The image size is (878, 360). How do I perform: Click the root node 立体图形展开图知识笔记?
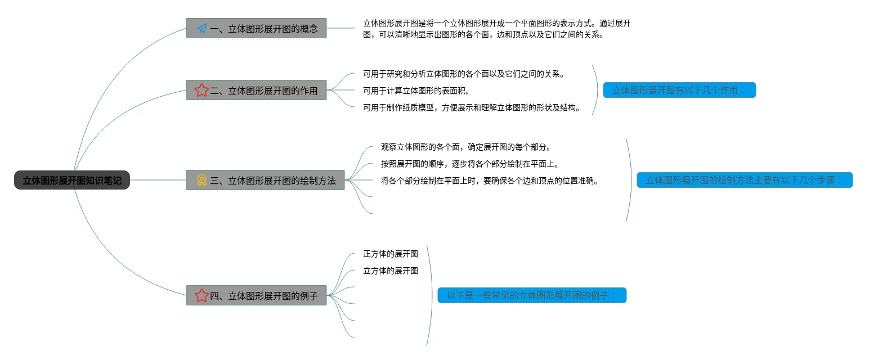(x=72, y=181)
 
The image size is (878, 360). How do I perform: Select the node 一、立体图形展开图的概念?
(x=257, y=29)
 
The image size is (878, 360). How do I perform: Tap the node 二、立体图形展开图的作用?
(x=257, y=91)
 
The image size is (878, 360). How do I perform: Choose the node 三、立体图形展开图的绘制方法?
(x=266, y=181)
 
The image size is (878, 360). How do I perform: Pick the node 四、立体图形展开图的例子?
(x=257, y=295)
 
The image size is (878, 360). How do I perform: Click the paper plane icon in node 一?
(x=202, y=28)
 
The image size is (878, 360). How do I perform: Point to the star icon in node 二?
(x=201, y=90)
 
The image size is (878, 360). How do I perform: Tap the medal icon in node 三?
(x=201, y=180)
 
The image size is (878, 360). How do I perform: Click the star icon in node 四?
(x=201, y=295)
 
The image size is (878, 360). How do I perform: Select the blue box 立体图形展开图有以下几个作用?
(x=679, y=90)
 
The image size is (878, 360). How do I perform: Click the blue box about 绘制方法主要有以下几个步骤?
(x=744, y=180)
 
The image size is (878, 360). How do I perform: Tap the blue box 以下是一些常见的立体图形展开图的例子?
(x=531, y=295)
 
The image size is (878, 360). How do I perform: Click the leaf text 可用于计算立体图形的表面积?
(x=416, y=91)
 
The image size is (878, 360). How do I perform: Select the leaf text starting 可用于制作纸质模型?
(x=472, y=107)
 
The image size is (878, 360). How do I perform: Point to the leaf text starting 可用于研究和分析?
(x=463, y=74)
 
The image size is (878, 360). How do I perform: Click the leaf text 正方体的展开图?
(x=391, y=254)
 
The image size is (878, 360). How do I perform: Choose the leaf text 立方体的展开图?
(x=391, y=271)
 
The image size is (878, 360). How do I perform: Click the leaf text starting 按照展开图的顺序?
(x=469, y=164)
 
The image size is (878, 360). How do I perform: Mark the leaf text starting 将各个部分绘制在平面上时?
(x=489, y=181)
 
